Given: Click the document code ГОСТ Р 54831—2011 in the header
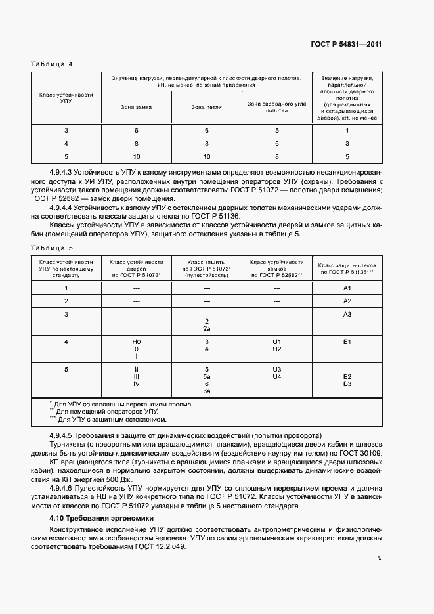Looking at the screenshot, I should (346, 45).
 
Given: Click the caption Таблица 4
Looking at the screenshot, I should (52, 64).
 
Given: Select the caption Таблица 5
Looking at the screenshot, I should (52, 248).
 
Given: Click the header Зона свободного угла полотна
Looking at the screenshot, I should (276, 106).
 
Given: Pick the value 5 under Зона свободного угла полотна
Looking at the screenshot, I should (276, 130).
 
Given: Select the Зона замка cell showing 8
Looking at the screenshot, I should (136, 143).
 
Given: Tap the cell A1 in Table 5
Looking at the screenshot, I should (347, 288).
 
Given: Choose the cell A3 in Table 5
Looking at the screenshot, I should (347, 315).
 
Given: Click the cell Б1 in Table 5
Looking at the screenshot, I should (347, 342).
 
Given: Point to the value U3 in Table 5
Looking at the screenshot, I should (276, 369).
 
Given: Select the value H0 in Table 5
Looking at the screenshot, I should (137, 342).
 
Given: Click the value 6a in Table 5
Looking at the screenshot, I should (206, 391).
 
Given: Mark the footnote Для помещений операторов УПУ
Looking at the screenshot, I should (107, 412).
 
